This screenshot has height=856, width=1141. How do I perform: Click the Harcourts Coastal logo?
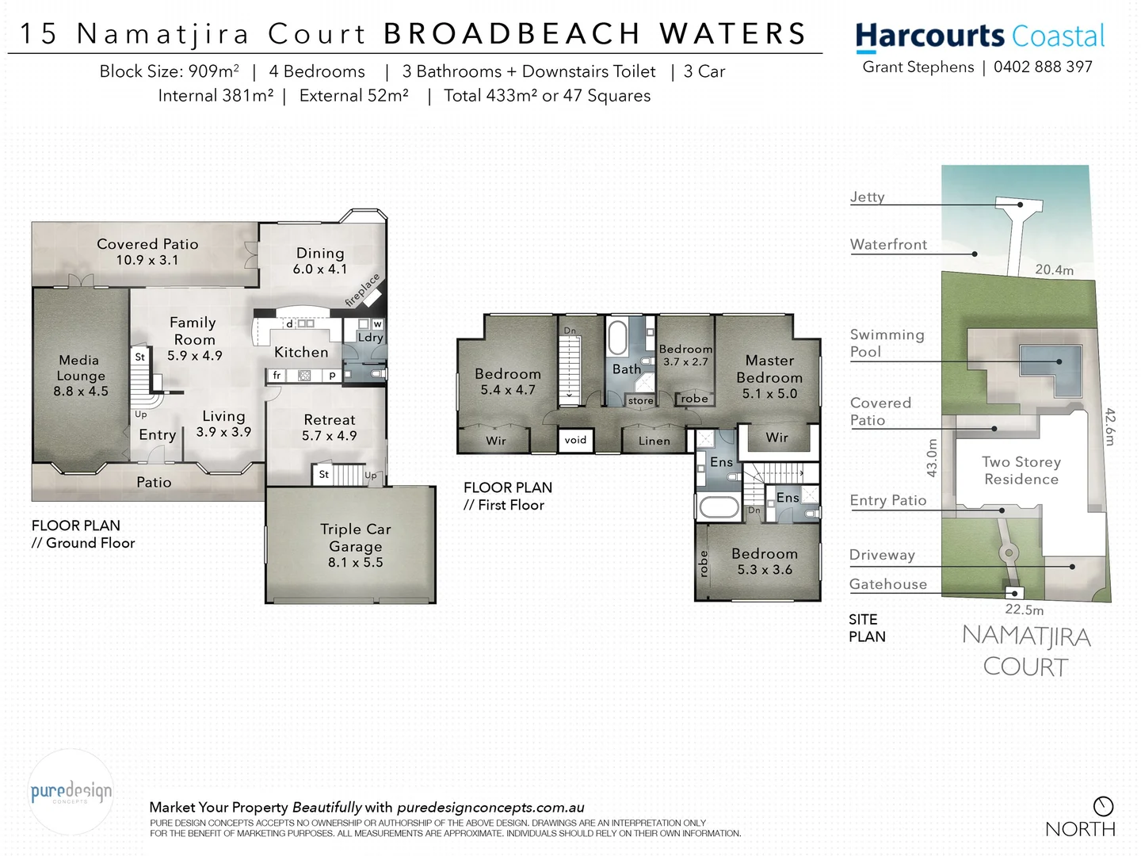click(x=979, y=36)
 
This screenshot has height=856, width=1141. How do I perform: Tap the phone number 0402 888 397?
click(x=1043, y=67)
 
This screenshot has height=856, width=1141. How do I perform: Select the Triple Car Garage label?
click(x=356, y=545)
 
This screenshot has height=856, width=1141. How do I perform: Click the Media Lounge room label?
click(x=80, y=376)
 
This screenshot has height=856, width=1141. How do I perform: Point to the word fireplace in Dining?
click(x=363, y=290)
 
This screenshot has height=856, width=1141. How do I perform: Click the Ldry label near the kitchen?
click(x=370, y=338)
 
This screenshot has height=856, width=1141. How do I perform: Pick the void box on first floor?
click(x=576, y=440)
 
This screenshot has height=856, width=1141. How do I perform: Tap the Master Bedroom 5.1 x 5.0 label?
click(x=769, y=376)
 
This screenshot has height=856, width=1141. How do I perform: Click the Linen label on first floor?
click(x=654, y=441)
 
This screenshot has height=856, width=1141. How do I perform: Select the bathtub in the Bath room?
click(x=617, y=337)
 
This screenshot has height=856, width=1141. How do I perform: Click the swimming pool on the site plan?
click(x=1050, y=366)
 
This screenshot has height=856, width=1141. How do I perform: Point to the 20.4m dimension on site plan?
click(x=1054, y=270)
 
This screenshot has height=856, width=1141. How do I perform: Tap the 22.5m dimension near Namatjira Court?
click(x=1024, y=610)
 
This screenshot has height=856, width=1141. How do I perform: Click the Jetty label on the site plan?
click(x=867, y=197)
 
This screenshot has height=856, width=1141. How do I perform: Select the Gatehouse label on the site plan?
click(x=887, y=584)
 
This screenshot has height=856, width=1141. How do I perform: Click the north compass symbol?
click(x=1103, y=807)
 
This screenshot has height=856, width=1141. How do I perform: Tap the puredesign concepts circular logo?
click(x=71, y=792)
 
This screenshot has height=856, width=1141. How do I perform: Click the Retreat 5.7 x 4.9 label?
click(x=330, y=427)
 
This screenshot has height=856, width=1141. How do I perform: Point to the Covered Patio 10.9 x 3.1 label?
click(x=147, y=251)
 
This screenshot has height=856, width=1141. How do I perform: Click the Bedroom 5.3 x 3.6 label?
click(x=765, y=561)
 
